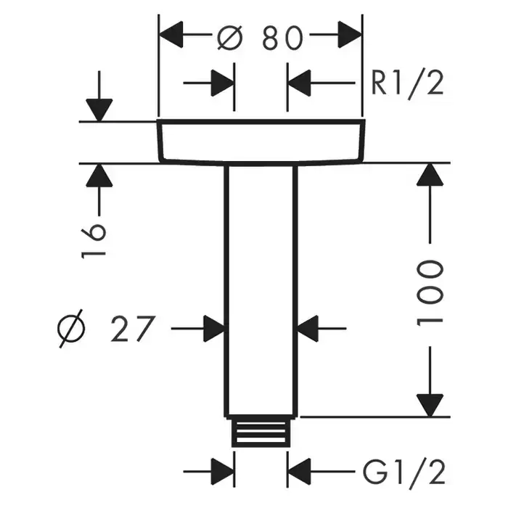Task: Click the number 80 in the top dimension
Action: click(x=282, y=38)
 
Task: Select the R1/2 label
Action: click(x=406, y=84)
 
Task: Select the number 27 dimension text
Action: click(x=133, y=330)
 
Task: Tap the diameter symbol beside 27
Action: click(x=73, y=330)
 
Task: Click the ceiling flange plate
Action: click(x=259, y=141)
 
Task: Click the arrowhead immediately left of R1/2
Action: click(x=299, y=83)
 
